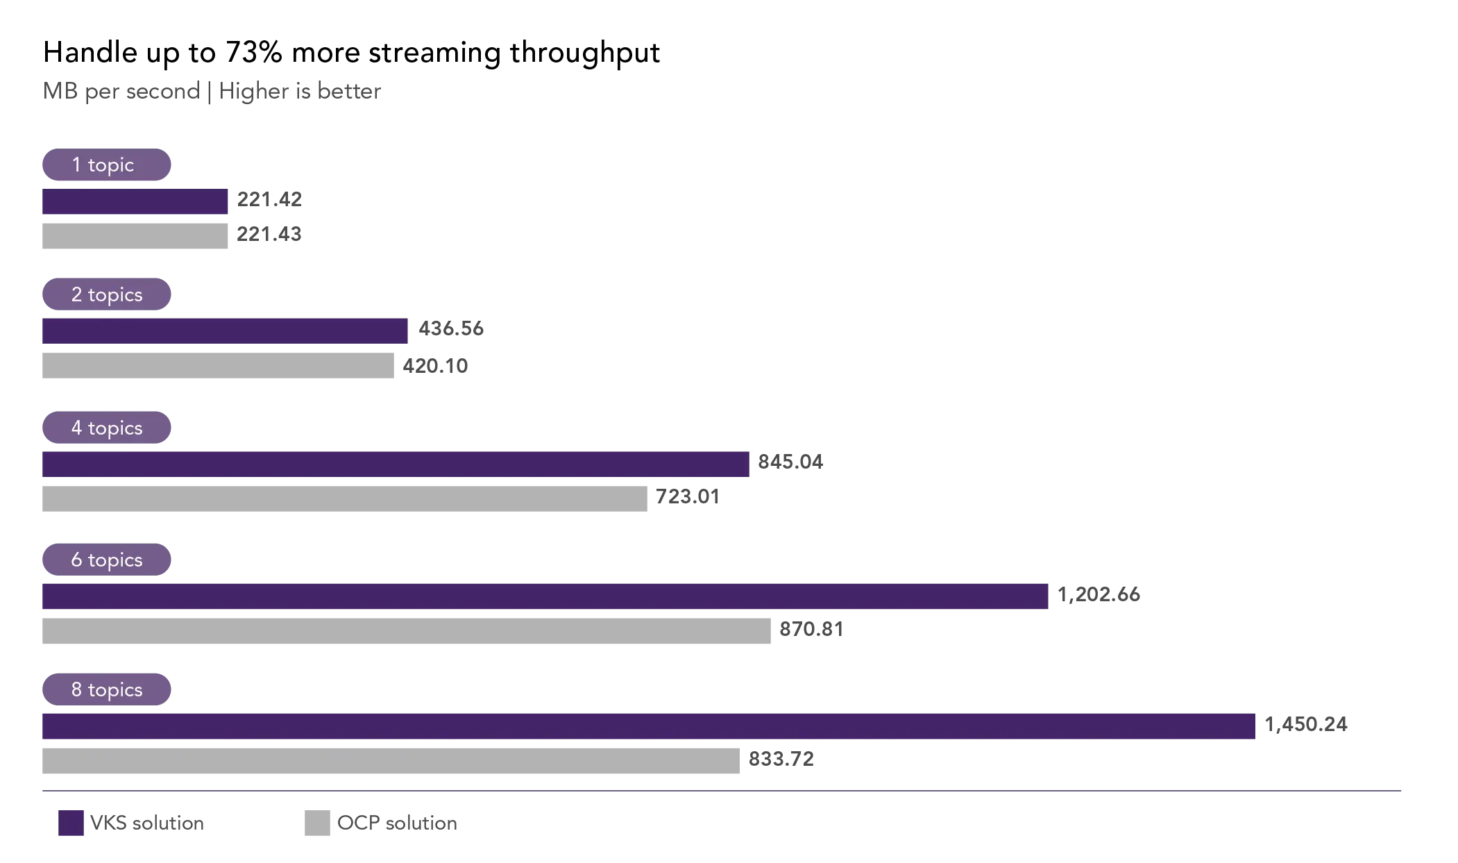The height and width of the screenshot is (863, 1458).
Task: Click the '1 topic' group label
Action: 105,165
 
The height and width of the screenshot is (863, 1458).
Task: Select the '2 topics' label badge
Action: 105,294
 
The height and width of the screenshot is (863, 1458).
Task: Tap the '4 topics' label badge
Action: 105,428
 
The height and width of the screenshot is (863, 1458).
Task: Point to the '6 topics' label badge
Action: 105,559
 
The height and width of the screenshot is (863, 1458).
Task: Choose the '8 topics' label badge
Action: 105,689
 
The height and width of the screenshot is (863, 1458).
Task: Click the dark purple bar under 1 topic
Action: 135,203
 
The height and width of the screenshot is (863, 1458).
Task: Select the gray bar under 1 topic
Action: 135,236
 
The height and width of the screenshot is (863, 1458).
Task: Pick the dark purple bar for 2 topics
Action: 224,330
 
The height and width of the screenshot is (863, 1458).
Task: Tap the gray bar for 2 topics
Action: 216,367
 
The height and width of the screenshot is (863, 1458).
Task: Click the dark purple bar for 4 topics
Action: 393,464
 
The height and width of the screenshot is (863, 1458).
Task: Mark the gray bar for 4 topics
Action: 344,500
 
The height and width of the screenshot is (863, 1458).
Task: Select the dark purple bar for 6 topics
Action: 543,597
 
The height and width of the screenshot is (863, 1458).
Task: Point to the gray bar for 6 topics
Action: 405,630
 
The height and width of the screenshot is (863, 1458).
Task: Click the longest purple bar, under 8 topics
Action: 649,727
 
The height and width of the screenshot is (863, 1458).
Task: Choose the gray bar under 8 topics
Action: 391,761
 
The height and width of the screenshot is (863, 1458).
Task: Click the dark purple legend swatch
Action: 71,822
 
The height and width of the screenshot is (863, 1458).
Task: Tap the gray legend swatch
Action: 316,822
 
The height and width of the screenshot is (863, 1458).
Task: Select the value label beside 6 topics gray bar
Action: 810,629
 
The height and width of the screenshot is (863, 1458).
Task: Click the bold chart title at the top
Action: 352,54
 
